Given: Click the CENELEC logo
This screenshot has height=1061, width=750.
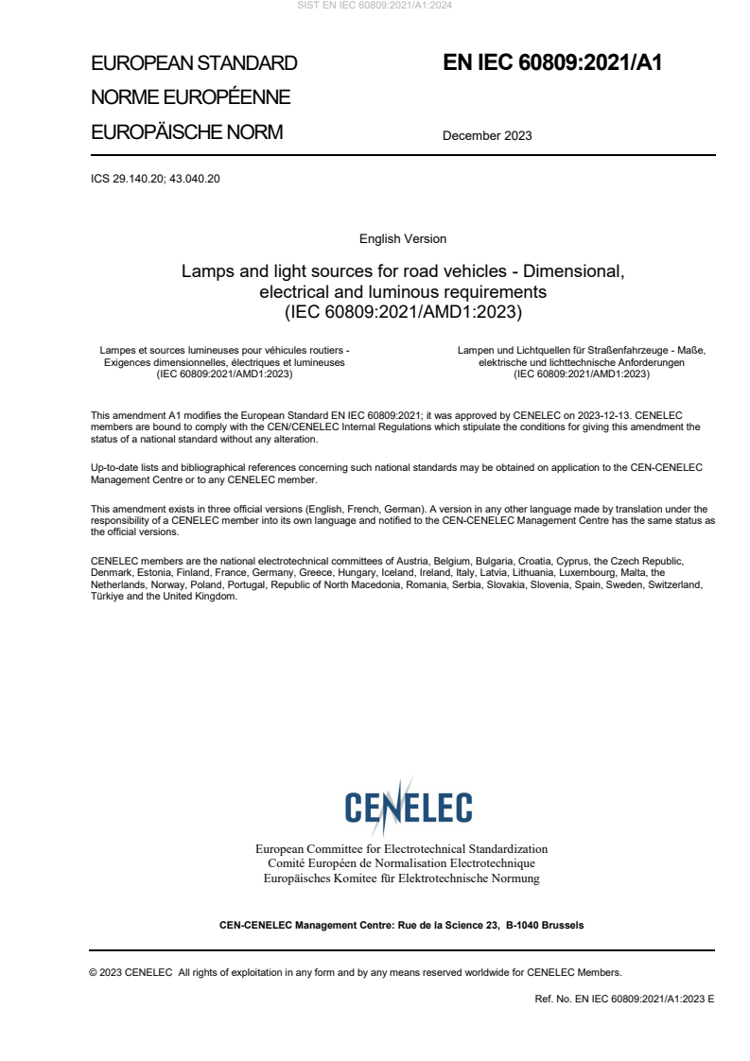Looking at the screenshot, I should coord(408,807).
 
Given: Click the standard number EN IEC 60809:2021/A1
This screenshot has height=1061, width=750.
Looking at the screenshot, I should coord(552,63).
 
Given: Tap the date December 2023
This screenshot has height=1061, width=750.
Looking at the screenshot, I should coord(487,135).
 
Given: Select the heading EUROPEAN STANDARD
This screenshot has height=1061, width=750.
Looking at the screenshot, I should coord(194,63).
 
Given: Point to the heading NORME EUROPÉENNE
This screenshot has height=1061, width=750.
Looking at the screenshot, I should coord(190,97).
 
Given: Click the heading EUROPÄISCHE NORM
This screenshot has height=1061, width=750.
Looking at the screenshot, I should coord(186,132).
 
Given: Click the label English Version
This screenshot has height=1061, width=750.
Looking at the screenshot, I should coord(403,239).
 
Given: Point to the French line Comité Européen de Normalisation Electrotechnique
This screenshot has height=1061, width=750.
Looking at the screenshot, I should coord(401,863).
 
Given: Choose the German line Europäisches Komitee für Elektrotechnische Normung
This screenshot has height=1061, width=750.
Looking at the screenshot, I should coord(401,878).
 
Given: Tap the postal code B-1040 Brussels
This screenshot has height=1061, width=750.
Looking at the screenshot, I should coord(545,925).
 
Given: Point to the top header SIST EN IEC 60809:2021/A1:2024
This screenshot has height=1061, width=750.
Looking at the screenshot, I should coord(375,6).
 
